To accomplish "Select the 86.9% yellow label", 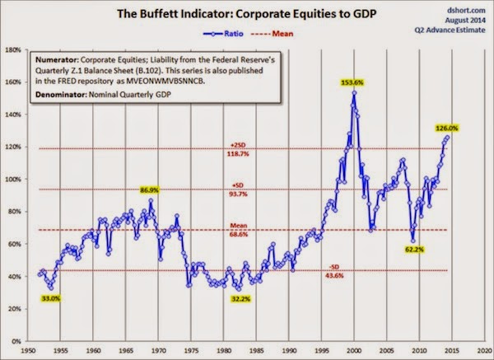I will [149, 189].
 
